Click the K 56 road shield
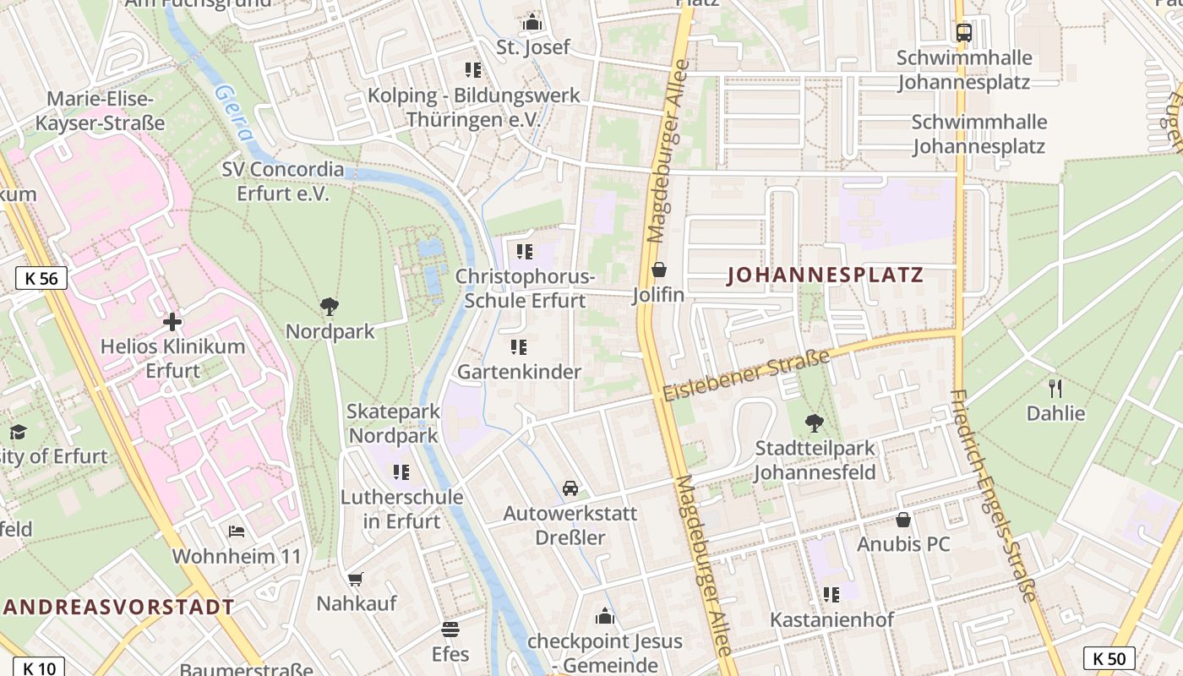[x=41, y=278]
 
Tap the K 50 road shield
[x=1109, y=658]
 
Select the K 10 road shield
[x=39, y=668]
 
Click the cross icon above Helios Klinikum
[x=172, y=322]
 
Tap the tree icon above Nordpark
[x=330, y=306]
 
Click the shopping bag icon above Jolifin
[x=658, y=270]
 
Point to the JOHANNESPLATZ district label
[x=825, y=275]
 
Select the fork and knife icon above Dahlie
[x=1055, y=388]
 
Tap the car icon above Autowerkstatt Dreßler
[x=570, y=488]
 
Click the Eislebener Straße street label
[x=746, y=377]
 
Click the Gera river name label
[x=234, y=112]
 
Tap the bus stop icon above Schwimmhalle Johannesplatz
[x=963, y=33]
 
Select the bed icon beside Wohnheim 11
[x=237, y=532]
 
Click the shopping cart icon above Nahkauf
[x=356, y=579]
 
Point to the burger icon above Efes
[x=450, y=630]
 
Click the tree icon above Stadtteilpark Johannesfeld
[x=814, y=422]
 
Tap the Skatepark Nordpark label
[x=393, y=423]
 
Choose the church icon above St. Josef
[x=532, y=22]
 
